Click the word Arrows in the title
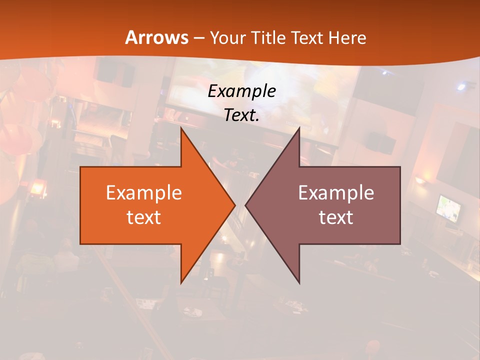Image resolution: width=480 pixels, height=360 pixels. [157, 37]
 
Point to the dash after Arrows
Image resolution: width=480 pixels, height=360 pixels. [198, 38]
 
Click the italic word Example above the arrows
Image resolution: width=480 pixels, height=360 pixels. [242, 91]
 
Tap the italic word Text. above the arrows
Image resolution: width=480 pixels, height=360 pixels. [242, 115]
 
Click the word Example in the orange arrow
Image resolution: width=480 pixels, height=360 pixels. [143, 193]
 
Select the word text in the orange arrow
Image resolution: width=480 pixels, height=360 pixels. [143, 217]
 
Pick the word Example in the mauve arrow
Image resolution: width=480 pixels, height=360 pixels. [336, 193]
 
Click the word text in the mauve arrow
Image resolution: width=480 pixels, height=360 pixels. [336, 217]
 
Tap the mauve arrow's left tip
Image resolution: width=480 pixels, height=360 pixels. [246, 205]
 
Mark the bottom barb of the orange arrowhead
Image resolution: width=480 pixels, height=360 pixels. [181, 281]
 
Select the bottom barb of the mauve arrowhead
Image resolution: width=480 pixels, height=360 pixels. [298, 281]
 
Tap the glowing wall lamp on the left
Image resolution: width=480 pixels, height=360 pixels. [37, 188]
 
